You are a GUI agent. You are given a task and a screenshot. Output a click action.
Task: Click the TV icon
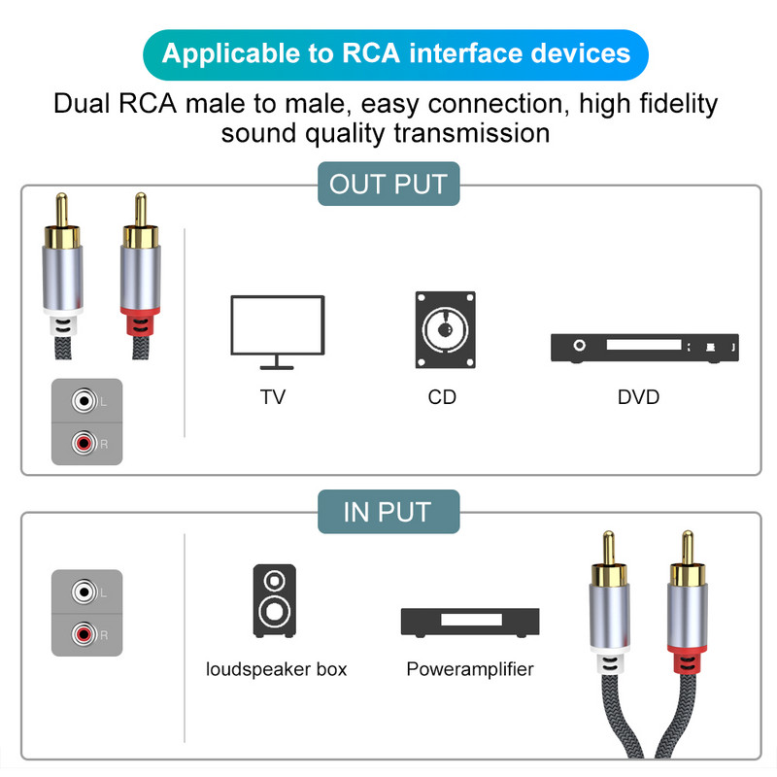click(x=277, y=330)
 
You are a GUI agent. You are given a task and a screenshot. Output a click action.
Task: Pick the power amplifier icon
click(x=470, y=622)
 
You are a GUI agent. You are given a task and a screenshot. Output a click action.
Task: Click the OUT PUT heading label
click(x=388, y=185)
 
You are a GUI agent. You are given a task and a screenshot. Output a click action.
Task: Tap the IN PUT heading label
click(x=388, y=512)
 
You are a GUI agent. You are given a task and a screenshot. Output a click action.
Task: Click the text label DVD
click(x=638, y=397)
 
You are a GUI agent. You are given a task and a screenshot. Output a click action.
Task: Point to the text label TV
click(x=273, y=397)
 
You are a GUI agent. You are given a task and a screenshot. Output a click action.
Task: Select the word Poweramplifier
click(x=470, y=669)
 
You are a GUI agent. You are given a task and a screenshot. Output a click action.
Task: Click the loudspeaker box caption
click(x=276, y=669)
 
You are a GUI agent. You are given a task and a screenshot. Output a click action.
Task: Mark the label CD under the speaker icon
click(x=442, y=397)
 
